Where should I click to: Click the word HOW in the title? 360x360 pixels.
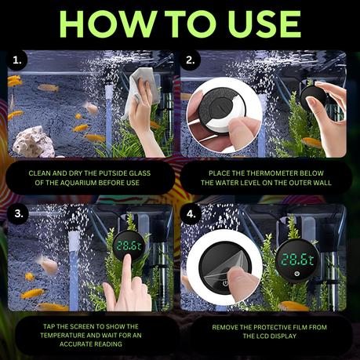pos(108,24)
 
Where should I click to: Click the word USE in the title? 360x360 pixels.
pos(264,24)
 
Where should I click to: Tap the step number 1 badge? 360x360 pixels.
pos(17,60)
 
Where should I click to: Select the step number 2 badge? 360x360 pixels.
pos(191,60)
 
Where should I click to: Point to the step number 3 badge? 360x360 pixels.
pos(18,214)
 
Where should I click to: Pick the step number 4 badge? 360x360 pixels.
pos(191,214)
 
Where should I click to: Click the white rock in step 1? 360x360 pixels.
pos(34,142)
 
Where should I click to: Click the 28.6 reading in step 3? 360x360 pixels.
pos(129,246)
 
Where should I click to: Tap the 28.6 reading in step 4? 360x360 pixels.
pos(297,260)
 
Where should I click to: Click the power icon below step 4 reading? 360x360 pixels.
pos(296,274)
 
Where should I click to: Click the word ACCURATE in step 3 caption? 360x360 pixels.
pos(76,344)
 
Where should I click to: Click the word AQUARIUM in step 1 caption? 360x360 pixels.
pos(78,183)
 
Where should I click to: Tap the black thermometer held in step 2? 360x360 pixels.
pos(314,100)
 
